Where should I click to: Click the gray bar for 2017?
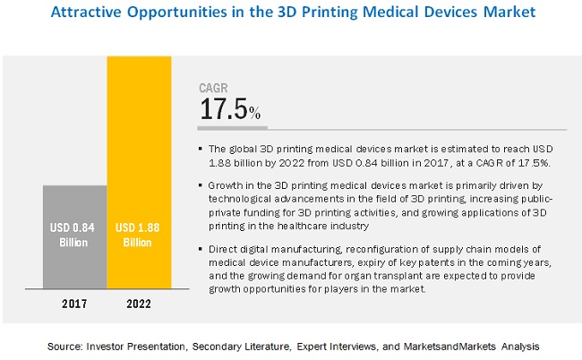click(74, 237)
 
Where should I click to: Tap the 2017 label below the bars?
click(74, 304)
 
